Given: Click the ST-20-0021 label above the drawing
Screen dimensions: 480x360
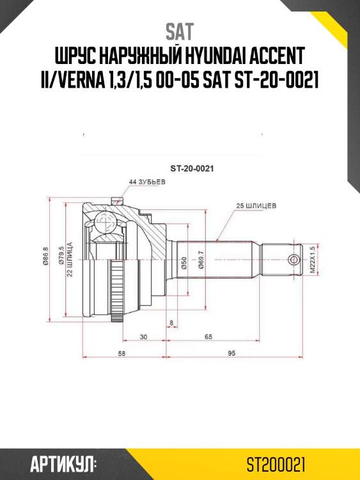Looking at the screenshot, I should click(x=191, y=169).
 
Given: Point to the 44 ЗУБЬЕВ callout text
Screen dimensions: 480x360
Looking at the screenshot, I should click(x=146, y=182).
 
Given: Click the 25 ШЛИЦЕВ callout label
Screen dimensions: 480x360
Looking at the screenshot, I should click(x=256, y=206).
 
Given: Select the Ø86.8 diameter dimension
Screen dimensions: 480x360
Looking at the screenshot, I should click(x=46, y=258).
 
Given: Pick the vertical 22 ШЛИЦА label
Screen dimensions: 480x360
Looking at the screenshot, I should click(x=69, y=259).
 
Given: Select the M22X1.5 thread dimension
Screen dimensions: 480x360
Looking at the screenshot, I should click(x=313, y=259).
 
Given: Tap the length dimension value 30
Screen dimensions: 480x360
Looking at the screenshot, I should click(x=143, y=336).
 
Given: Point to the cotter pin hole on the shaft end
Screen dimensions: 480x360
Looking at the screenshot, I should click(x=293, y=259).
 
